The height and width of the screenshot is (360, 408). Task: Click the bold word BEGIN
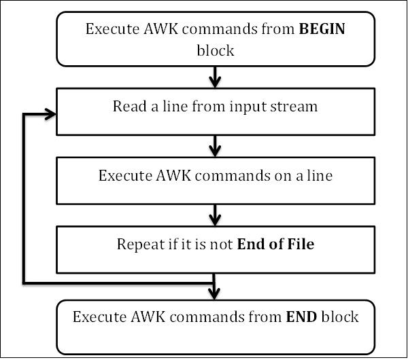(x=322, y=29)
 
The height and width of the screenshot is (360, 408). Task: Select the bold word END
(x=301, y=317)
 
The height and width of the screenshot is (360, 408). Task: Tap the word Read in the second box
(x=129, y=107)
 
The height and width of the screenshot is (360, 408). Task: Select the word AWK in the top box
(x=160, y=29)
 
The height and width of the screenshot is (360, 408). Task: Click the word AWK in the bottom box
(x=148, y=317)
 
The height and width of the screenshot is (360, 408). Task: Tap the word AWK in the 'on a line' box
(x=173, y=175)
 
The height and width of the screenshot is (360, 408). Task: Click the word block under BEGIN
(x=216, y=50)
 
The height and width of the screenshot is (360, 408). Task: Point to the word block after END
(x=340, y=317)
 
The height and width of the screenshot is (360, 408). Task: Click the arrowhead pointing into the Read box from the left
(x=50, y=114)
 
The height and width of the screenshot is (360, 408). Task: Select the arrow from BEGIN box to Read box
(x=215, y=77)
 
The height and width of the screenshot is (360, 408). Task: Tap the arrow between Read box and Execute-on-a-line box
(x=215, y=146)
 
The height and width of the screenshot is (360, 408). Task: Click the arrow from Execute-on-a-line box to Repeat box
(x=215, y=215)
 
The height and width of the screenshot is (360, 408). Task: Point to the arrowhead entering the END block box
(x=214, y=293)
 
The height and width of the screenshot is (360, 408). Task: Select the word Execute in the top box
(x=113, y=29)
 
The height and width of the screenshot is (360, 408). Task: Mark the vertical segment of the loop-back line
(x=24, y=198)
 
